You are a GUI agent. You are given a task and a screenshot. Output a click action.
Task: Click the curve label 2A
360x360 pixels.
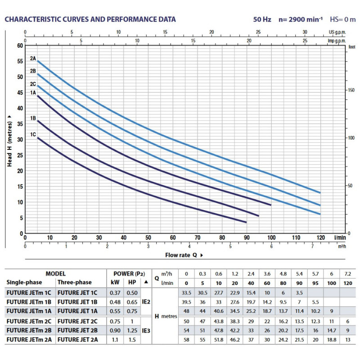(x=33, y=58)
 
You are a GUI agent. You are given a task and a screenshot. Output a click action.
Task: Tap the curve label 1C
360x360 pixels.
(x=33, y=134)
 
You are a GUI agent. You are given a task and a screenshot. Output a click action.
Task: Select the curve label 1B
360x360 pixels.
(x=33, y=118)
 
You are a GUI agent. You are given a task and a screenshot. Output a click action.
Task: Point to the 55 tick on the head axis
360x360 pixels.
(x=19, y=61)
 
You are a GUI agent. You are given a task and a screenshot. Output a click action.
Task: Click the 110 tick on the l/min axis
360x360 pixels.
(x=296, y=237)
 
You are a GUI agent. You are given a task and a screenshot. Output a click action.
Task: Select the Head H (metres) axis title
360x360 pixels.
(x=9, y=139)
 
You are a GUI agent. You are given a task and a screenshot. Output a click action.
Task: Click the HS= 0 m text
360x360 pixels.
(x=343, y=19)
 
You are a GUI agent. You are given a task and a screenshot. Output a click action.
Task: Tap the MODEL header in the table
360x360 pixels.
(x=55, y=274)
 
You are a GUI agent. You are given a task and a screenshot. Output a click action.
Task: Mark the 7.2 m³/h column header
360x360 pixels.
(x=346, y=274)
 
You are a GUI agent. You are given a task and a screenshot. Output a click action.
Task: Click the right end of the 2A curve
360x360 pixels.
(x=320, y=193)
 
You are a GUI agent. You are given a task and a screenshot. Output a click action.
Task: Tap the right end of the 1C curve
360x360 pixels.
(x=246, y=222)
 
